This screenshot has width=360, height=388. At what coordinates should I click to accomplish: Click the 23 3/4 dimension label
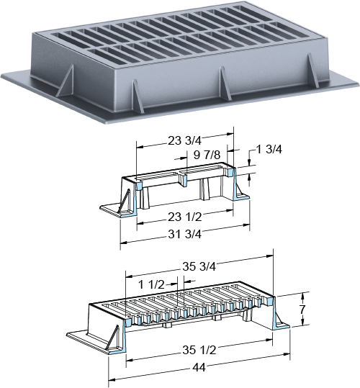coord(185,141)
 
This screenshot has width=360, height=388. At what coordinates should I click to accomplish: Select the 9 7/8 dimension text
coord(207,155)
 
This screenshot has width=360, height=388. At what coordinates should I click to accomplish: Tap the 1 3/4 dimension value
coord(269,149)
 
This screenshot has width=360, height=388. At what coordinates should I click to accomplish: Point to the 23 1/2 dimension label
coord(185,217)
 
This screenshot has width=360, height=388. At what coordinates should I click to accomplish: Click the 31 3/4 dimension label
coord(185,234)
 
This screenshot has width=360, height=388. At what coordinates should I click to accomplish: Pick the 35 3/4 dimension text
coord(199,266)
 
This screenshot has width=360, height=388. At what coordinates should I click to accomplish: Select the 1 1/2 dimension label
coord(151,284)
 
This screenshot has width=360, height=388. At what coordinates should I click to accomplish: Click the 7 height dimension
coord(303,310)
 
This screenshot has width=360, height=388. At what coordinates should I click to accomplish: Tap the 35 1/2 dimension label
coord(199,350)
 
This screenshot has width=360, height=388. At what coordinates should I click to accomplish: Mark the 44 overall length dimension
coord(199,368)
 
